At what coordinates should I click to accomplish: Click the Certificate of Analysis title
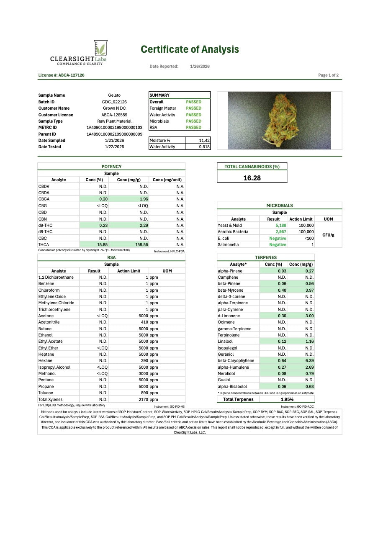click(190, 49)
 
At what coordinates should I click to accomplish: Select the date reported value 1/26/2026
click(200, 67)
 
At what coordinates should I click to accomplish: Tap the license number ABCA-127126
click(61, 75)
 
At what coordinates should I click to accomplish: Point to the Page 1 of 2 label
click(328, 75)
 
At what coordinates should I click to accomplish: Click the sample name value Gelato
click(114, 95)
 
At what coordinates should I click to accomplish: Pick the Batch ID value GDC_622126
click(114, 102)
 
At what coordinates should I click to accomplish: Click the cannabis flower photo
click(279, 121)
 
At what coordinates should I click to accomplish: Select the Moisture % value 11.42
click(204, 140)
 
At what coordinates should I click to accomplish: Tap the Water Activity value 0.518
click(204, 147)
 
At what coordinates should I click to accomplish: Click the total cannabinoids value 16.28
click(252, 178)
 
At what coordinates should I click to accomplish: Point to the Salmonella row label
click(228, 244)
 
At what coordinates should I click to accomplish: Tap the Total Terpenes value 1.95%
click(287, 399)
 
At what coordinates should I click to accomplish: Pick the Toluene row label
click(46, 393)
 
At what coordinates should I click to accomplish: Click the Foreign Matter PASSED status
click(193, 108)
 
